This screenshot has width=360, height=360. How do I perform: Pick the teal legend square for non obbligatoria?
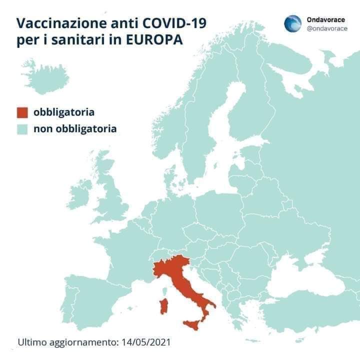tap(22, 129)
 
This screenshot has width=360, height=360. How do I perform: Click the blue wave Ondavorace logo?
tap(292, 23)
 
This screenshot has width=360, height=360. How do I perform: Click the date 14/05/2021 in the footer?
tap(145, 343)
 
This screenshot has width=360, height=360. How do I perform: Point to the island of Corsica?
tap(165, 289)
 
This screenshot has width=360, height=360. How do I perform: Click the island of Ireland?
tap(80, 192)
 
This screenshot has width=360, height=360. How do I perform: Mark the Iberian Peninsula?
tap(90, 305)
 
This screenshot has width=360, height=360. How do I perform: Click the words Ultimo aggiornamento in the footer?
tap(67, 343)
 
